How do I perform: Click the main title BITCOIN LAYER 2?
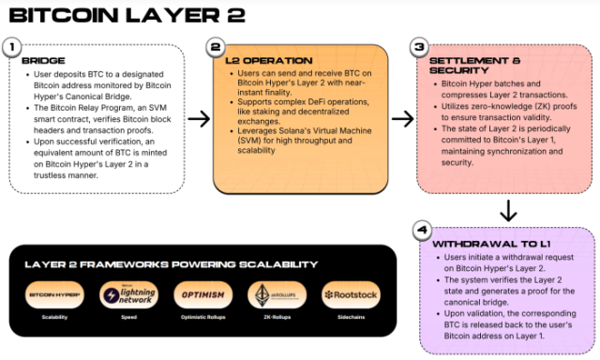(x=127, y=15)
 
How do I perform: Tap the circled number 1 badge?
(x=12, y=46)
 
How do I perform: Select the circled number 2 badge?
(x=216, y=46)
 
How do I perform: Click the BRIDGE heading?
(x=38, y=61)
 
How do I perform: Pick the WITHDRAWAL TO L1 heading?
(x=479, y=243)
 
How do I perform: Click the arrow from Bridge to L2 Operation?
(x=198, y=118)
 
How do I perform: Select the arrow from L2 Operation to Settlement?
(x=401, y=118)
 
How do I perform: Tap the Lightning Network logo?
(x=128, y=296)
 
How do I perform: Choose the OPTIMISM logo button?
(x=202, y=296)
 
